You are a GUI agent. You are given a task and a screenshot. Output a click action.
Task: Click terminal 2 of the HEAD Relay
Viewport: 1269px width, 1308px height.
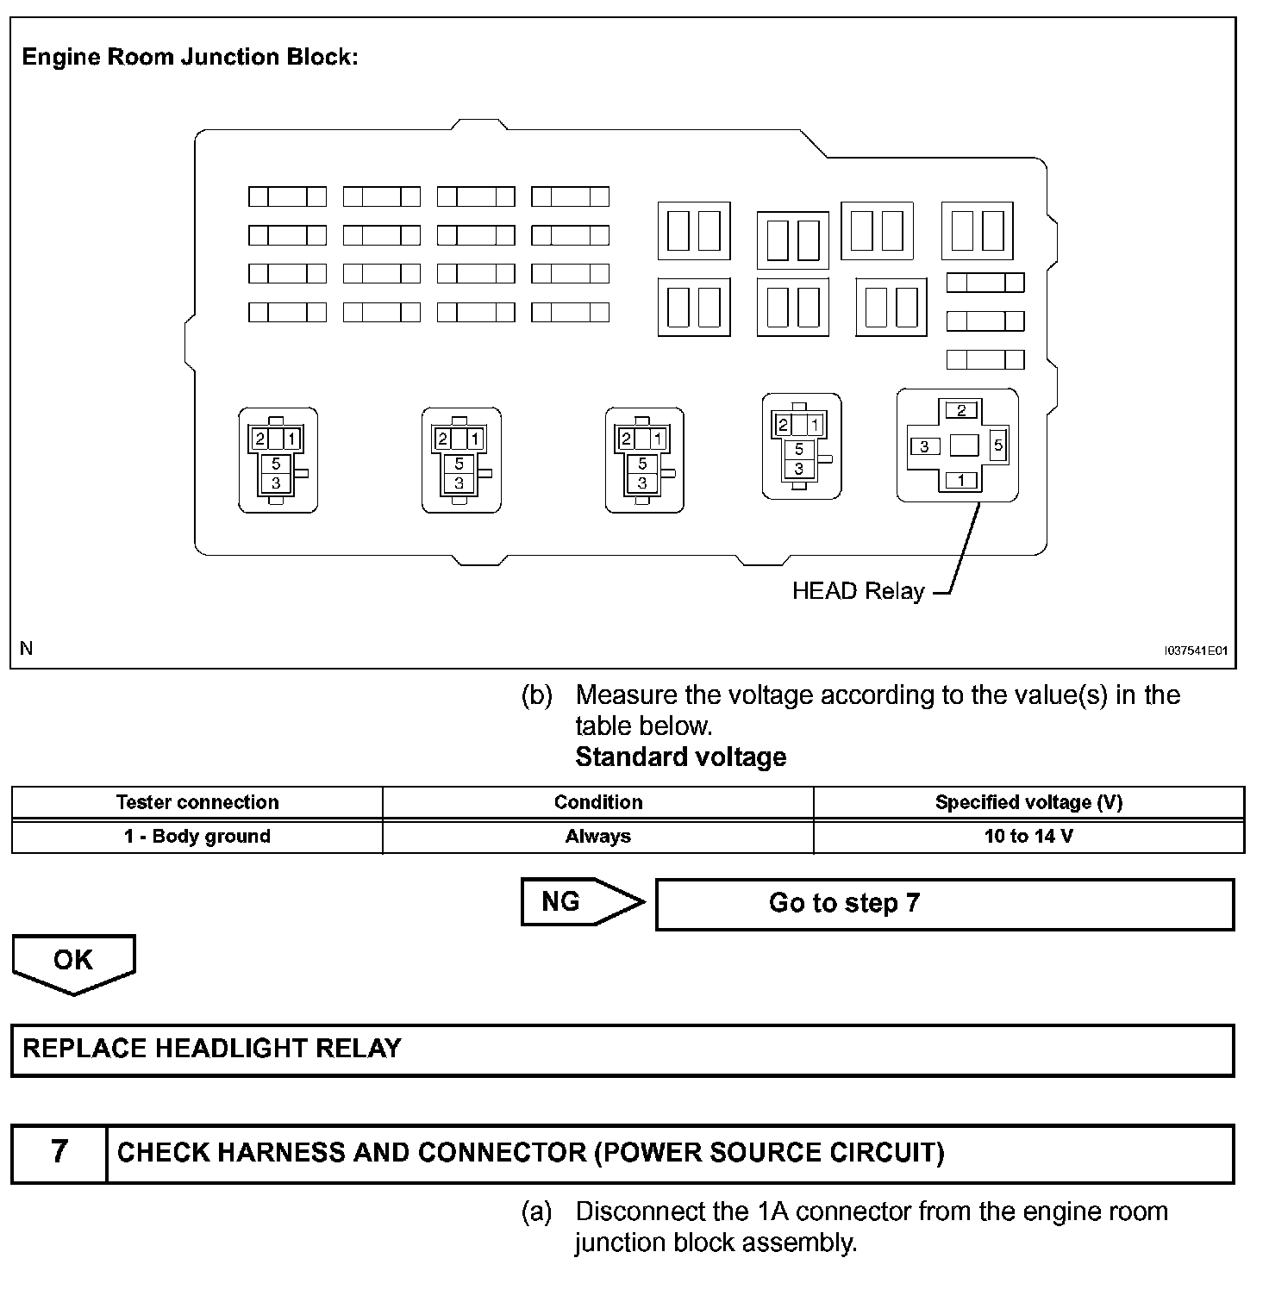coord(961,410)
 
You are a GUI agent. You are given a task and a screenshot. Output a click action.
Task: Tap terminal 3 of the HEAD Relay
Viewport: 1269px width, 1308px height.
coord(925,446)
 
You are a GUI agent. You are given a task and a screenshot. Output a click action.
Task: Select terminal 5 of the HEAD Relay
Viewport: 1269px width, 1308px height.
coord(998,445)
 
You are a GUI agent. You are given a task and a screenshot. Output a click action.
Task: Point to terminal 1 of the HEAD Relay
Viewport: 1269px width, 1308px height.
coord(961,481)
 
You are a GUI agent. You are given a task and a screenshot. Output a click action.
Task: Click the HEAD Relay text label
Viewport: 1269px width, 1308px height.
coord(858,591)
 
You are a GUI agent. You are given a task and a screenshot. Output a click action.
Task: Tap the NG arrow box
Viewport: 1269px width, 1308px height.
coord(582,902)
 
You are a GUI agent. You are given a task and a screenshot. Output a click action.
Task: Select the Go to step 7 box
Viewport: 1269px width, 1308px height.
coord(944,904)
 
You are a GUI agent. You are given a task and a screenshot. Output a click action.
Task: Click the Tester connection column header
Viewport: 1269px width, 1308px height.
coord(197,802)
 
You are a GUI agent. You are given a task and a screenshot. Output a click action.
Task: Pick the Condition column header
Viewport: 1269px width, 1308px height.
coord(598,802)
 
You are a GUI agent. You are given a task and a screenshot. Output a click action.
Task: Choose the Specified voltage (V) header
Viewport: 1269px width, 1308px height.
coord(1028,802)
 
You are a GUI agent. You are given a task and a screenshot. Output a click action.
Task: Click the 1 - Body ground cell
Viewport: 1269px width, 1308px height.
coord(197,837)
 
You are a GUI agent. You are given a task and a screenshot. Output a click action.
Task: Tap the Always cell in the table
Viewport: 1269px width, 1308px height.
coord(598,837)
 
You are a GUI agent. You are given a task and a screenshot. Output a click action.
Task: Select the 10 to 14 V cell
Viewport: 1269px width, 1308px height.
coord(1028,837)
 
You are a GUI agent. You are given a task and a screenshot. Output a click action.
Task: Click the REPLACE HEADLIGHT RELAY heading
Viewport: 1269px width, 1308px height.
coord(212,1049)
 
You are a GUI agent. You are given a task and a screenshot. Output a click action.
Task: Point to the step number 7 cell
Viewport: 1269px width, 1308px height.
coord(59,1152)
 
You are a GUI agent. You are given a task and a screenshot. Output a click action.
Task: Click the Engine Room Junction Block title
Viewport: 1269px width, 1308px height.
coord(190,58)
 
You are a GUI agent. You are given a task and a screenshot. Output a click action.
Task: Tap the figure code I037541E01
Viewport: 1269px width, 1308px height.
coord(1195,651)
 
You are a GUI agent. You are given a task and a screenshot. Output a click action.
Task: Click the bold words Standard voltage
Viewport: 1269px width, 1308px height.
coord(680,757)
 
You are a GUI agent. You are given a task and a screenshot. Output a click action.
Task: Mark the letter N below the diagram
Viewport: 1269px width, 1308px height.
coord(27,648)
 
